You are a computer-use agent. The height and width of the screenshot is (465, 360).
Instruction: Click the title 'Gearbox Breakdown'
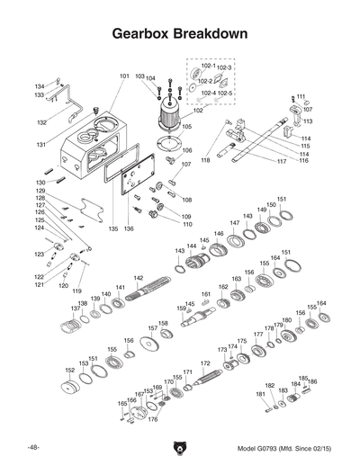pyautogui.click(x=180, y=33)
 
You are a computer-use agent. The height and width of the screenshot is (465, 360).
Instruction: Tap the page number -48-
pyautogui.click(x=32, y=447)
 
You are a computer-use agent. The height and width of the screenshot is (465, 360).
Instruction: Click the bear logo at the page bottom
pyautogui.click(x=180, y=447)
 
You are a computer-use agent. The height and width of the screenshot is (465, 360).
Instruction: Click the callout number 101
pyautogui.click(x=124, y=76)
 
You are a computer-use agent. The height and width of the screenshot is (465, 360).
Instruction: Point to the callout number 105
pyautogui.click(x=187, y=128)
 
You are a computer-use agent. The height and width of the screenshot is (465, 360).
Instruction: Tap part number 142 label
pyautogui.click(x=139, y=279)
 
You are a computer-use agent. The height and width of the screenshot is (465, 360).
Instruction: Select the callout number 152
pyautogui.click(x=69, y=370)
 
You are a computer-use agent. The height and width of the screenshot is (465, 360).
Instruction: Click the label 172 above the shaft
pyautogui.click(x=205, y=363)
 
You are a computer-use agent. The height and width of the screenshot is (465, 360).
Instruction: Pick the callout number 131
pyautogui.click(x=40, y=144)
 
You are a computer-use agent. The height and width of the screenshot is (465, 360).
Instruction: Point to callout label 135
pyautogui.click(x=113, y=229)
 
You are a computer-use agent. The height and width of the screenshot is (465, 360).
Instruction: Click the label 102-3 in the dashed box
pyautogui.click(x=225, y=67)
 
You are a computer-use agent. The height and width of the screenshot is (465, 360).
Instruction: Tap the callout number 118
pyautogui.click(x=205, y=160)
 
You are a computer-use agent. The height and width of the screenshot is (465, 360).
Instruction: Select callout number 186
pyautogui.click(x=312, y=381)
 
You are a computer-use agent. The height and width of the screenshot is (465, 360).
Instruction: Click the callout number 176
pyautogui.click(x=153, y=419)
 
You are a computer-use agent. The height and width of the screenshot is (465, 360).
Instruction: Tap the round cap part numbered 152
pyautogui.click(x=67, y=389)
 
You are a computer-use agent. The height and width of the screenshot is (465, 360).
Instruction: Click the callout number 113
pyautogui.click(x=308, y=121)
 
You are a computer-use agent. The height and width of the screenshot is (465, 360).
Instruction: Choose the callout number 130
pyautogui.click(x=40, y=183)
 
